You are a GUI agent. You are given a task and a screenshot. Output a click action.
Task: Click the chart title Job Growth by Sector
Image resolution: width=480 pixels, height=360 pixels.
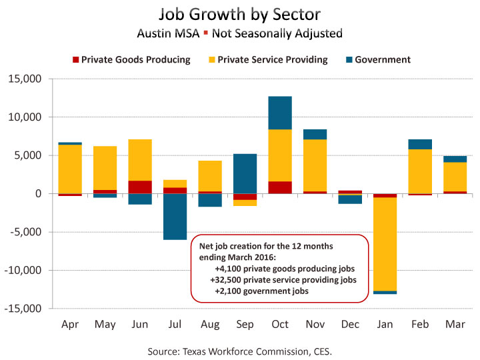pos(239,15)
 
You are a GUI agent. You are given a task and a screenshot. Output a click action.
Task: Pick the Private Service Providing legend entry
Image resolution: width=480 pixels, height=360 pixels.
pos(267,60)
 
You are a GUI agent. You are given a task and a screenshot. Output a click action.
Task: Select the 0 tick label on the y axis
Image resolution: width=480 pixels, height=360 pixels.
pos(38,194)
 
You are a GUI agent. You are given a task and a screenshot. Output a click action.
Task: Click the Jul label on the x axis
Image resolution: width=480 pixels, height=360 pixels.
pos(175,324)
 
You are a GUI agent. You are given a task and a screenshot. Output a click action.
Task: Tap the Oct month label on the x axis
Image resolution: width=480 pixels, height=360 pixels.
pos(280,324)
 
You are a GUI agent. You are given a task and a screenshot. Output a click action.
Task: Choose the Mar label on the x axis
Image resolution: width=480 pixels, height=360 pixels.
pos(455,324)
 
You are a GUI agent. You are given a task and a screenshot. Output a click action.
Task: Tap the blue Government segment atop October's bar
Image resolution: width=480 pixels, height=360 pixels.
pos(280,113)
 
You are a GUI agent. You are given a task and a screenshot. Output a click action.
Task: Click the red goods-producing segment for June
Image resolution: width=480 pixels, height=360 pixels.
pos(140,187)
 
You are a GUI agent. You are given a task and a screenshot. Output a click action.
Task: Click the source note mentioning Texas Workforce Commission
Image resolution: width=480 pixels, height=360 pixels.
pos(239,350)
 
